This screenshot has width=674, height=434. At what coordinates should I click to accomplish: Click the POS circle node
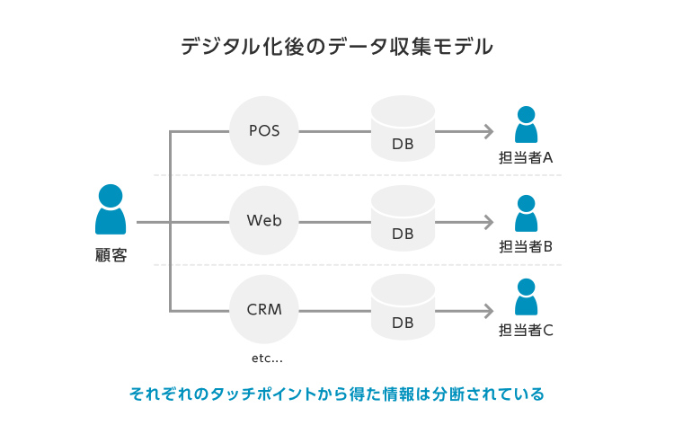click(x=264, y=131)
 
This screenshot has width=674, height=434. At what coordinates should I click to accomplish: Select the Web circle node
click(x=264, y=221)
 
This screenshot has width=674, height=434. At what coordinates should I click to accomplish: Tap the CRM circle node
click(x=264, y=310)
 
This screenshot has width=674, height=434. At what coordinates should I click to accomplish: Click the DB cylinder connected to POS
click(x=403, y=131)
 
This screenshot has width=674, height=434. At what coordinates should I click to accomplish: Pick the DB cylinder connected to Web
click(x=403, y=221)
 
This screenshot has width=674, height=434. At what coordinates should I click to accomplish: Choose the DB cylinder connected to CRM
click(x=403, y=310)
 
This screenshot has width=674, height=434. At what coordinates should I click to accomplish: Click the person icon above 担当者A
click(x=526, y=125)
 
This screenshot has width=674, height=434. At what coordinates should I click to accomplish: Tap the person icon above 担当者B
click(x=526, y=214)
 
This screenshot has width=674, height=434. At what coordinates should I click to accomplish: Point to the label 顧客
click(x=111, y=255)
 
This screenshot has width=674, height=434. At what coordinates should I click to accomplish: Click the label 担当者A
click(x=526, y=158)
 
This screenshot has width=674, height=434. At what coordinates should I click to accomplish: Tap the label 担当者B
click(x=526, y=246)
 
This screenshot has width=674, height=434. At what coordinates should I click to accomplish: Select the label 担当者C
click(x=526, y=330)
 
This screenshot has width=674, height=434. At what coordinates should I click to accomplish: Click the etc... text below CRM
click(x=267, y=359)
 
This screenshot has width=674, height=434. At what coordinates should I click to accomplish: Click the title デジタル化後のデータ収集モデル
click(x=336, y=47)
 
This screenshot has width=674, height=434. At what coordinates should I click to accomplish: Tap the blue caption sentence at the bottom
click(x=336, y=394)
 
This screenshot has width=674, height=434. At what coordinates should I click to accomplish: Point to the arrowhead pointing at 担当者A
click(x=488, y=131)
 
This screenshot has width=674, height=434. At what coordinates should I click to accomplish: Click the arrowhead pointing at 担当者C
click(x=488, y=311)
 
